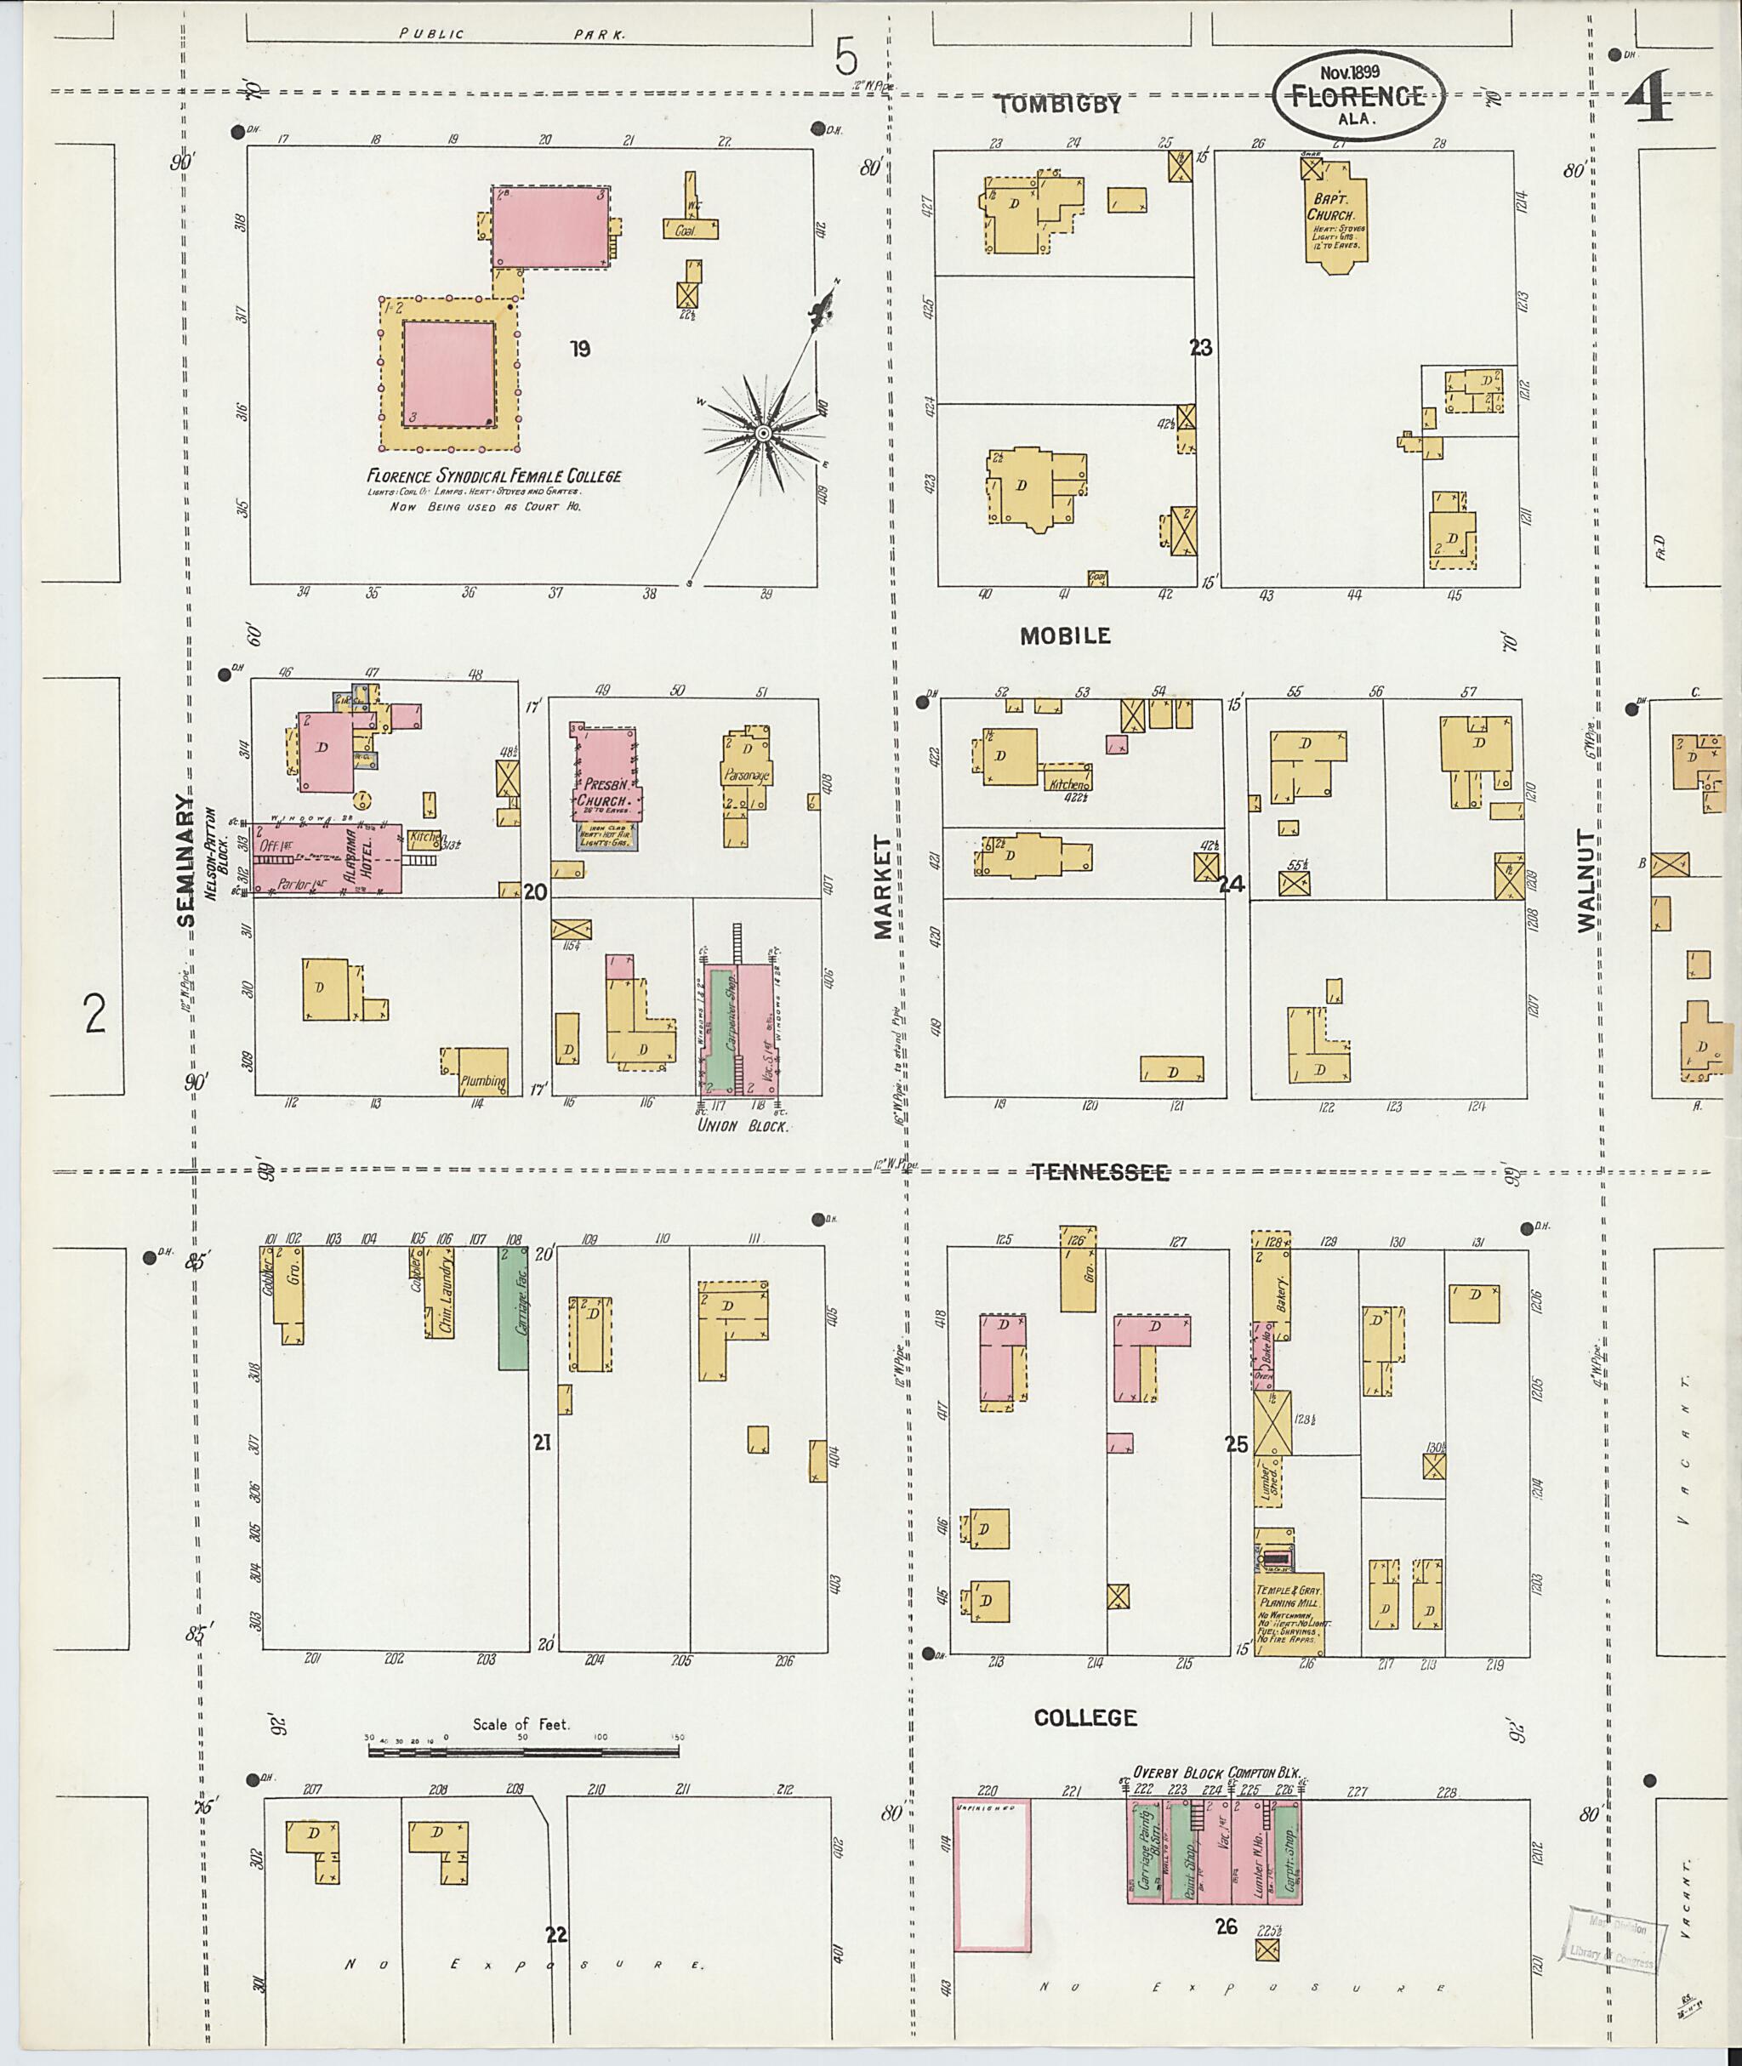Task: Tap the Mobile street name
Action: coord(1065,636)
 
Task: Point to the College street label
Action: coord(1084,1717)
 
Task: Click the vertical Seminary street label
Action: coord(186,860)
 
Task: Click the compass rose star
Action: coord(762,434)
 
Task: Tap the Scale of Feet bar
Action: coord(523,1751)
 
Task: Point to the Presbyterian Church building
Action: coord(605,777)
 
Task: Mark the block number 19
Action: coord(580,348)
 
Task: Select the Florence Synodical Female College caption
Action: coord(493,476)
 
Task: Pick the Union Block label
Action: coord(742,1124)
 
